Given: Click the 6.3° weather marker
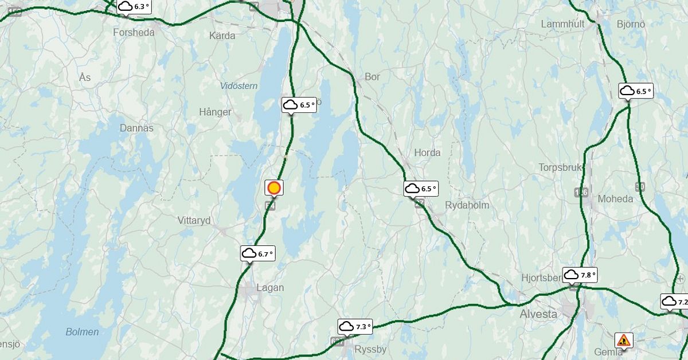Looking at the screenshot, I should click(x=134, y=7).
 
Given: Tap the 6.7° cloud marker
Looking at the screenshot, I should click(x=257, y=253).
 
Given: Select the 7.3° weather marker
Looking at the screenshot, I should click(x=355, y=327).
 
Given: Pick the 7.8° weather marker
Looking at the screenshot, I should click(x=579, y=275).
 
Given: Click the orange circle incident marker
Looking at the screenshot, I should click(x=274, y=187).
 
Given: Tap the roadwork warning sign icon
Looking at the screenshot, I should click(x=623, y=341).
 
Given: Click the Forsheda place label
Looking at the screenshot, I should click(x=134, y=33).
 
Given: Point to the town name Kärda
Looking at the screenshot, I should click(x=222, y=36).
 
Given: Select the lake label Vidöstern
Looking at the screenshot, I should click(x=239, y=86).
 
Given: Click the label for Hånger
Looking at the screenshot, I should click(x=215, y=112).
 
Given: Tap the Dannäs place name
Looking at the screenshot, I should click(x=136, y=128).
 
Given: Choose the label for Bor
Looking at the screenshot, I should click(x=372, y=77).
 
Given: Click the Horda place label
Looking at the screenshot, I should click(x=427, y=152).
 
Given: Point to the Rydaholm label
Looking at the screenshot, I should click(x=467, y=205).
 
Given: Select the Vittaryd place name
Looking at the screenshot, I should click(x=194, y=221).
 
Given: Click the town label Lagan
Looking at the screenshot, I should click(x=270, y=288).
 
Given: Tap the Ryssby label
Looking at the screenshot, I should click(x=371, y=349).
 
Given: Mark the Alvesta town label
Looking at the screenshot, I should click(x=538, y=314).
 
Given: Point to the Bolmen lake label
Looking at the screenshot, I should click(x=82, y=332).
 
